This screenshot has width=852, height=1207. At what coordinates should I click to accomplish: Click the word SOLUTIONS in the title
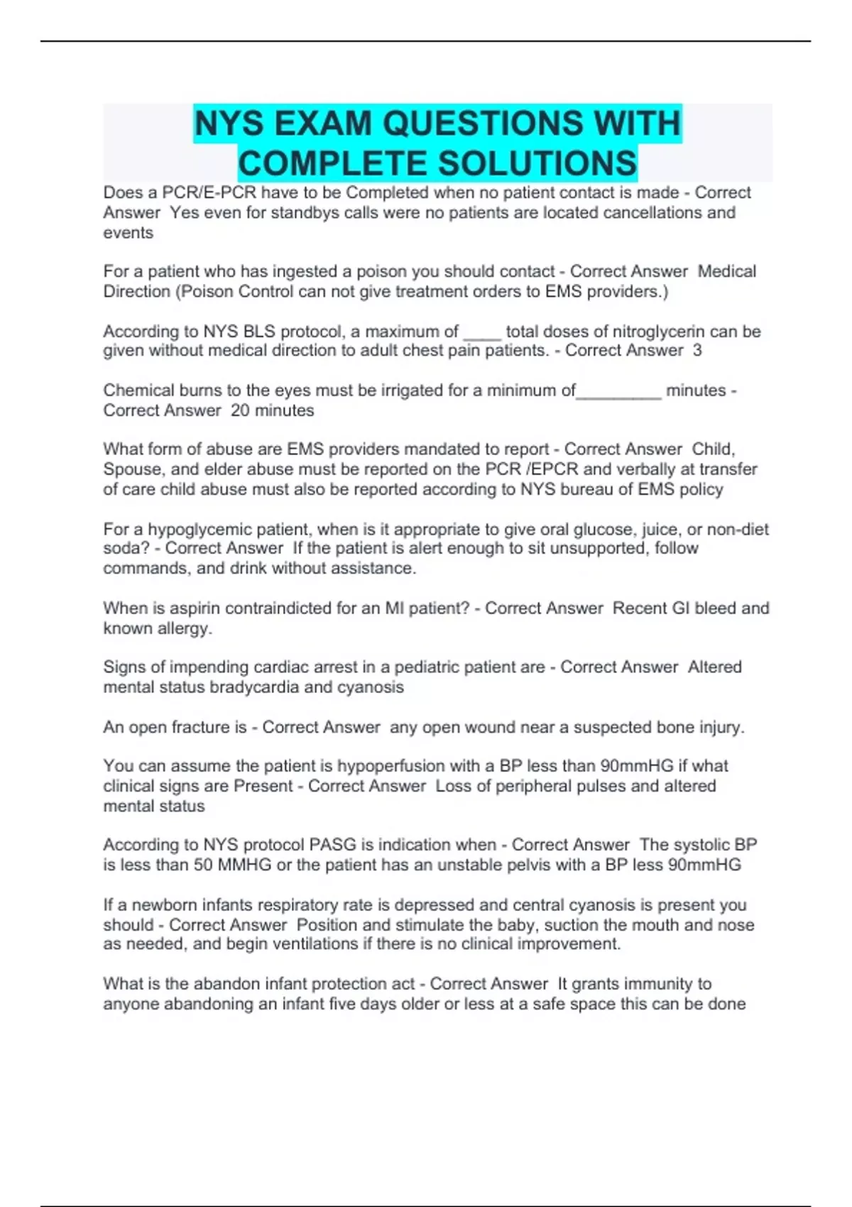click(x=537, y=163)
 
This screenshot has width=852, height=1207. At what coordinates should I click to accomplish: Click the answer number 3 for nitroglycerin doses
click(x=697, y=351)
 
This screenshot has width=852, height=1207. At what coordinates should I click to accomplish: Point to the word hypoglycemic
click(x=193, y=530)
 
